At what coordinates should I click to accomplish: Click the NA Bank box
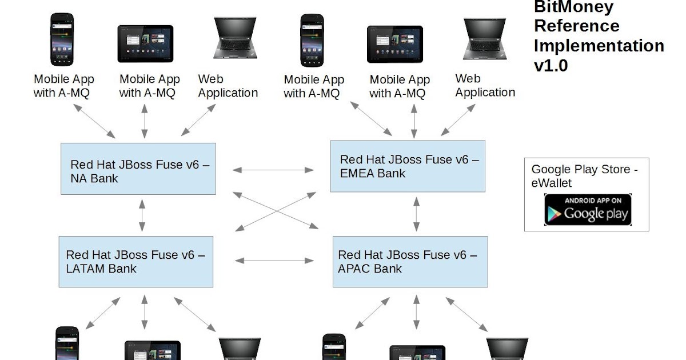pos(138,169)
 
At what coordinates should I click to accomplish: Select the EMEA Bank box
pos(408,166)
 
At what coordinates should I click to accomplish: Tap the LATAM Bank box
pos(135,261)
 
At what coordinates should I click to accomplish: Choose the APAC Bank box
pos(410,261)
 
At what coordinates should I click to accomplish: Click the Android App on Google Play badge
pos(587,210)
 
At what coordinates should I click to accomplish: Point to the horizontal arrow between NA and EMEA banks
pos(273,170)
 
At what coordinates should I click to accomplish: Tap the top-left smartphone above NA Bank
pos(62,38)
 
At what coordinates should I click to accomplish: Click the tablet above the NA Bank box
pos(145,43)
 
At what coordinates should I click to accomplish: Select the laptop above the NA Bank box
pos(236,39)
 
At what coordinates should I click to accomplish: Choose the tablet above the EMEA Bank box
pos(394,44)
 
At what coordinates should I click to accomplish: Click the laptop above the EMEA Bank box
pos(484,39)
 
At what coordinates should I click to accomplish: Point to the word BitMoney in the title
pos(565,7)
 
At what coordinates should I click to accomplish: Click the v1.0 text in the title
pos(551,65)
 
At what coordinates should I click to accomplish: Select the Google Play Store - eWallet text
pos(584,175)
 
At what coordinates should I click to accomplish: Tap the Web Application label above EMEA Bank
pos(485,86)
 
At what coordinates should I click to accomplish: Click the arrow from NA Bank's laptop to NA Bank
pos(198,120)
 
